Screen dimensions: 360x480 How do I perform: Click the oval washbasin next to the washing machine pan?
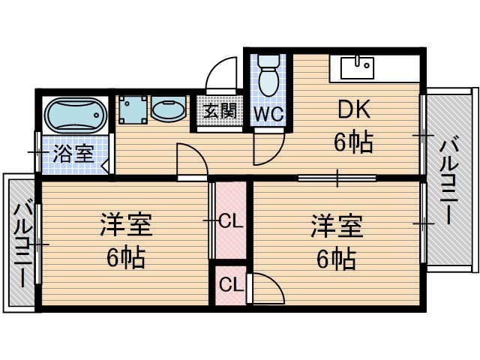tap(168, 111)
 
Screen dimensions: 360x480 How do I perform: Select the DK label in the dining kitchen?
tap(352, 110)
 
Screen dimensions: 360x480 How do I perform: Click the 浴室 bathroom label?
tap(73, 155)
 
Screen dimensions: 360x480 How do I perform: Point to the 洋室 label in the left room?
tap(126, 224)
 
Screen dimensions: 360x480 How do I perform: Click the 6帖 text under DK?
tap(352, 142)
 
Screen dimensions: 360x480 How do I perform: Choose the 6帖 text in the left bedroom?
tap(126, 258)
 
